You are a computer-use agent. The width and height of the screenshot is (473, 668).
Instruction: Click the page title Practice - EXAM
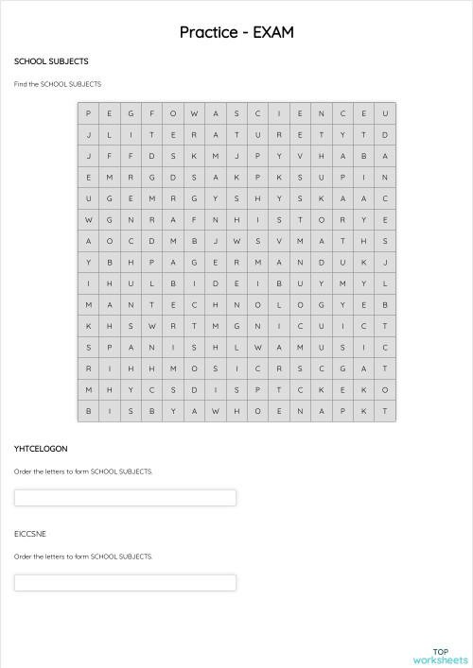[x=236, y=32]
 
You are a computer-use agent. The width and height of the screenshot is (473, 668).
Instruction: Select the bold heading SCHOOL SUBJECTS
[x=51, y=61]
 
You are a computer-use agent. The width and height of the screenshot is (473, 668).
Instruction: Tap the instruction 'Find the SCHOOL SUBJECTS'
[x=58, y=84]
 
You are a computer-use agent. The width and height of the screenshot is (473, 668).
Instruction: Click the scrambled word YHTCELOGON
[x=41, y=448]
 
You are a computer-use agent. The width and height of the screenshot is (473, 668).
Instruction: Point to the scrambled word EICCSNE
[x=30, y=534]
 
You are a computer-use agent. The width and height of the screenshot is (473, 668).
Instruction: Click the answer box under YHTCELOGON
[x=125, y=498]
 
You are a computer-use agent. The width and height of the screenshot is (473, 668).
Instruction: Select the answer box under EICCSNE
[x=125, y=583]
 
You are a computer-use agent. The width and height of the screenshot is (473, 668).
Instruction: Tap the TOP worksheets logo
[x=440, y=656]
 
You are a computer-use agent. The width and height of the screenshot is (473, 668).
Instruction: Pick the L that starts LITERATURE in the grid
[x=110, y=135]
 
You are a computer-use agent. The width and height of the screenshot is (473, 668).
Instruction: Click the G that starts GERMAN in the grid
[x=195, y=262]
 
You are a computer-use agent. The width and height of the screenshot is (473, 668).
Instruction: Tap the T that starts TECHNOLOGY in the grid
[x=152, y=304]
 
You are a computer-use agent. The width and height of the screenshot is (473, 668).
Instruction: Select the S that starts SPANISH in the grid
[x=89, y=347]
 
